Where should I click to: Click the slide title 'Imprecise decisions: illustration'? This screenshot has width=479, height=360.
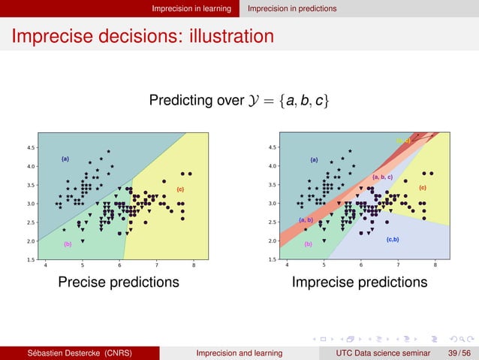click(x=142, y=35)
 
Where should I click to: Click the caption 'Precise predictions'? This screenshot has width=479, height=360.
click(x=119, y=283)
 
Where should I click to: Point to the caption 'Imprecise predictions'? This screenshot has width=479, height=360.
click(x=360, y=283)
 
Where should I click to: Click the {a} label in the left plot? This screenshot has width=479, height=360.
click(x=65, y=159)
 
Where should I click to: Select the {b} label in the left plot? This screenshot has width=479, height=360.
click(x=68, y=244)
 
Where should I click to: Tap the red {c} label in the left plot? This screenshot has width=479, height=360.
click(x=180, y=189)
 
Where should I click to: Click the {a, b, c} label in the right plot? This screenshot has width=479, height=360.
click(x=382, y=177)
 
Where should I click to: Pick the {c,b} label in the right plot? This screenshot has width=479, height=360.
click(x=392, y=239)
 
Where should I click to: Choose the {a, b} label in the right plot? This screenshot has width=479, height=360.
click(x=306, y=219)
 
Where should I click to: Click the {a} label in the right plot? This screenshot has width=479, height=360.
click(x=314, y=159)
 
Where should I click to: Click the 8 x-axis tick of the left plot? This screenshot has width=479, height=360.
click(x=194, y=265)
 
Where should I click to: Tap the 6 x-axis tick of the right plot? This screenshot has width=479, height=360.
click(x=361, y=265)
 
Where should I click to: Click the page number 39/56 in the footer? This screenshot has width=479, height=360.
click(x=459, y=352)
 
